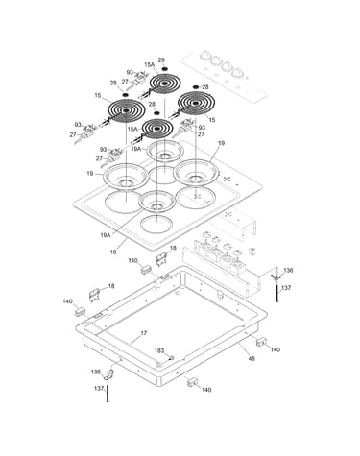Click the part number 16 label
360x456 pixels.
point(113,252)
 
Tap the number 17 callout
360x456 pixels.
point(144,333)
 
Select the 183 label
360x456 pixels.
point(159,351)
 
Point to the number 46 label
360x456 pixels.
point(252,359)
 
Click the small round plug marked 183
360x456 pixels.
point(171,357)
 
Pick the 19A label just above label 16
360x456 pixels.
point(106,235)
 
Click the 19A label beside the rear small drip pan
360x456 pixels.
point(136,149)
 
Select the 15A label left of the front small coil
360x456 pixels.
point(132,129)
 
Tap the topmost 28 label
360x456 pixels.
point(161,60)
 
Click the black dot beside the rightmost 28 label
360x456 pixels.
point(195,87)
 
